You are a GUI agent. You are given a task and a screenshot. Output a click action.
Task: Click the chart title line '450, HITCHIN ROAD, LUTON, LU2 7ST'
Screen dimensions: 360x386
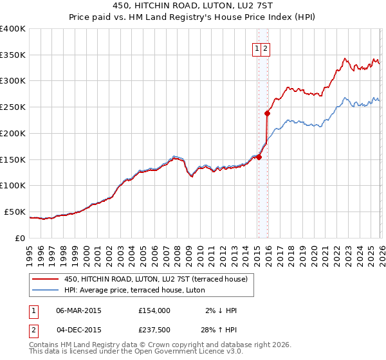193,6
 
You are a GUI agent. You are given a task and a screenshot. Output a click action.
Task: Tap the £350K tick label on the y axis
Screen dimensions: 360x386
13,55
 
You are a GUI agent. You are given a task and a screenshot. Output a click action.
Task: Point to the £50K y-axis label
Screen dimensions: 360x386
15,212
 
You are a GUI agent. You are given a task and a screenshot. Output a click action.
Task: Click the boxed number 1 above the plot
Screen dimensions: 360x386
257,48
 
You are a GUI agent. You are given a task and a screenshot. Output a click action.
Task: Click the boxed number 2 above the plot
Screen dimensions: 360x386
265,48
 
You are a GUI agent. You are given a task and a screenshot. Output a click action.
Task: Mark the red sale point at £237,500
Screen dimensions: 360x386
267,113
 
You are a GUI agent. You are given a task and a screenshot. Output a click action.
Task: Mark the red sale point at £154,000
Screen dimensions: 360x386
259,157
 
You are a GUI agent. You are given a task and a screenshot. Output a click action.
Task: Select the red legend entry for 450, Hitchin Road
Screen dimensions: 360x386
160,279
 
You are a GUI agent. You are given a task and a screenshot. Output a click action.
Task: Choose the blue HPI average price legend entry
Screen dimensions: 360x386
134,290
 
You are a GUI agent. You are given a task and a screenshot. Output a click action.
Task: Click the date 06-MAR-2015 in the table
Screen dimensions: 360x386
78,310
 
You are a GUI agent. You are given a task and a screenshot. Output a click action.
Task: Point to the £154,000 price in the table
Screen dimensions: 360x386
154,310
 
